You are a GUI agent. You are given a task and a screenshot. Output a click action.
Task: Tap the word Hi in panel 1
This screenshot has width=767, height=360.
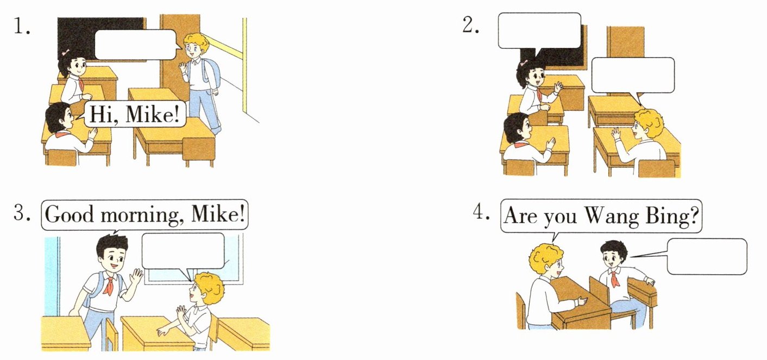click(102, 115)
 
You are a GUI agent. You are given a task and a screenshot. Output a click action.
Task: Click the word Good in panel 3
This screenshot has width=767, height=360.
click(69, 215)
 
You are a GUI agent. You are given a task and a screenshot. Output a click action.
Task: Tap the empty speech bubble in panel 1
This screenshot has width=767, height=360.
click(135, 45)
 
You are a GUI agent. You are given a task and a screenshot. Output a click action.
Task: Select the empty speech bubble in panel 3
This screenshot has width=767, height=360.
click(183, 251)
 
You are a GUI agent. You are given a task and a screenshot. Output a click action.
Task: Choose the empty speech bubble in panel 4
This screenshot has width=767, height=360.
click(707, 256)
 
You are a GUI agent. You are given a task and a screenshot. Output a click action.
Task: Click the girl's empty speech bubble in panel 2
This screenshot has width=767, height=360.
click(539, 31)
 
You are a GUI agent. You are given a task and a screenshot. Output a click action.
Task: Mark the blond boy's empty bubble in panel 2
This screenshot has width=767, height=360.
click(633, 75)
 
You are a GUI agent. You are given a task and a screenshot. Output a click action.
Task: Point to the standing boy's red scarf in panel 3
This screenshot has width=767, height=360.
click(109, 286)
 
